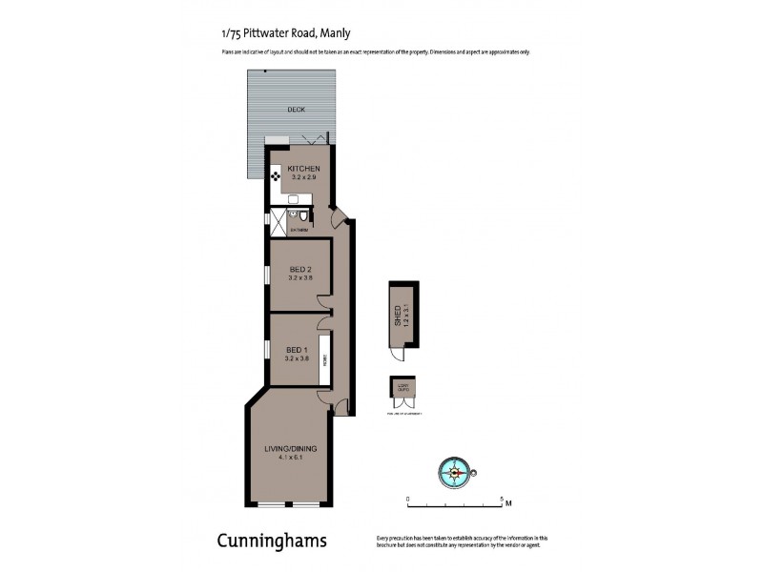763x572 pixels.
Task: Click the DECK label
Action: click(x=296, y=110)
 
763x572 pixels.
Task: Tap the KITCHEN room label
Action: click(x=303, y=170)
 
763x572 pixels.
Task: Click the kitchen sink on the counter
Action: click(x=295, y=200)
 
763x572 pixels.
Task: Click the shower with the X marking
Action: click(x=278, y=222)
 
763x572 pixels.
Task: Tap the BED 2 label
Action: click(x=300, y=270)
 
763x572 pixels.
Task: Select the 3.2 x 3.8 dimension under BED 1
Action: click(x=297, y=358)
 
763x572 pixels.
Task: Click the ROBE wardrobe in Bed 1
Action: click(x=325, y=359)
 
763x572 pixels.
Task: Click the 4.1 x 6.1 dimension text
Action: click(x=290, y=458)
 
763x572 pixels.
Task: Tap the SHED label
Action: click(x=398, y=314)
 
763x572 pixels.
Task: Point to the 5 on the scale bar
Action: click(x=502, y=498)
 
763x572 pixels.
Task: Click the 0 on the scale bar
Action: click(x=407, y=498)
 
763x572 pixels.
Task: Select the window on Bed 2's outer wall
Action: click(x=268, y=274)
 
